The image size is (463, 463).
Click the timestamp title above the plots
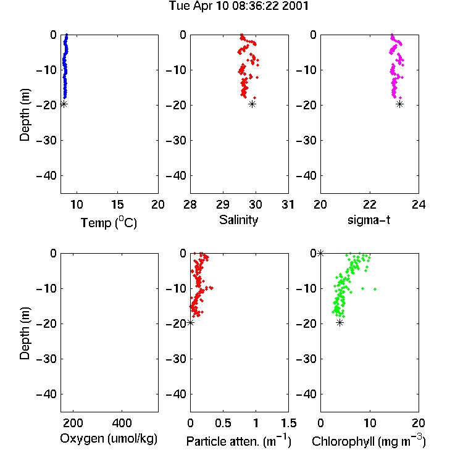point(238,6)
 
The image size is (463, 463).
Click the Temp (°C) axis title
point(109,222)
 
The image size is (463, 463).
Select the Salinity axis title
point(238,220)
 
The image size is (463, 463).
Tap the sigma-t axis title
point(369,220)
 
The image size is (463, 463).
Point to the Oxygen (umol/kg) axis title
point(109,439)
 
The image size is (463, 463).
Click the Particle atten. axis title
point(239,441)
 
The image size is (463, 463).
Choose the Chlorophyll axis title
point(369,441)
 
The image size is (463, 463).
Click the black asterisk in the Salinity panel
point(252,104)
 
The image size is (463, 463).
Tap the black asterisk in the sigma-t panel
point(399,104)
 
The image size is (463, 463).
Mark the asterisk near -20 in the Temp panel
point(64,104)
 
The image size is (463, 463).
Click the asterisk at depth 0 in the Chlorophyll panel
point(320,253)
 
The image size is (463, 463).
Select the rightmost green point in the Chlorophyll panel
point(375,289)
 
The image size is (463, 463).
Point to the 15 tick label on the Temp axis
point(117,204)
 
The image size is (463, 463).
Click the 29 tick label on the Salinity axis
point(223,204)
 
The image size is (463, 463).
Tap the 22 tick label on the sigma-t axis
point(369,204)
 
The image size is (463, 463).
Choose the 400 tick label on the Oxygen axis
point(122,423)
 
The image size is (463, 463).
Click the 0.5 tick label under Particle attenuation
point(223,423)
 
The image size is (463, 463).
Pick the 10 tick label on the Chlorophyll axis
point(370,423)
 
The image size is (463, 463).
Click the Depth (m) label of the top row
point(25,115)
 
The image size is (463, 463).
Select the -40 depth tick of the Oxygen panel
point(46,394)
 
